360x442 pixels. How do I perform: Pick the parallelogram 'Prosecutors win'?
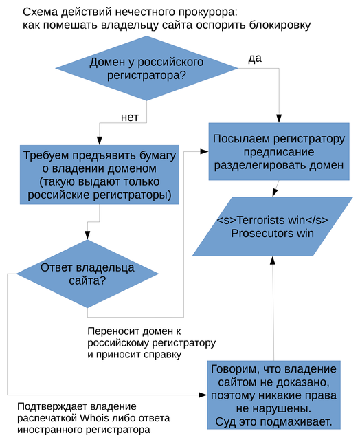coord(272,227)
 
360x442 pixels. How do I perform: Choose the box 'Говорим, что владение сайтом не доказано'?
coord(273,395)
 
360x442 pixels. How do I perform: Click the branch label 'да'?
coord(254,58)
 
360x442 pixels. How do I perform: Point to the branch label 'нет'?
coord(130,118)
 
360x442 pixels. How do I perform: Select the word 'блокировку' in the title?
coord(279,25)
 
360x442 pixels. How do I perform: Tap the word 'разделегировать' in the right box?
coord(254,165)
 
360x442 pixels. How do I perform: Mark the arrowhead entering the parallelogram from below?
coord(273,262)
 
